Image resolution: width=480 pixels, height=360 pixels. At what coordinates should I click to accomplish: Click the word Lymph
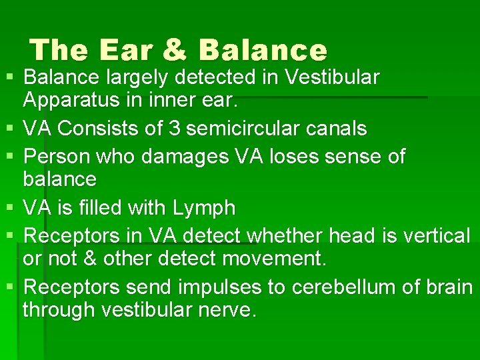[204, 208]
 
